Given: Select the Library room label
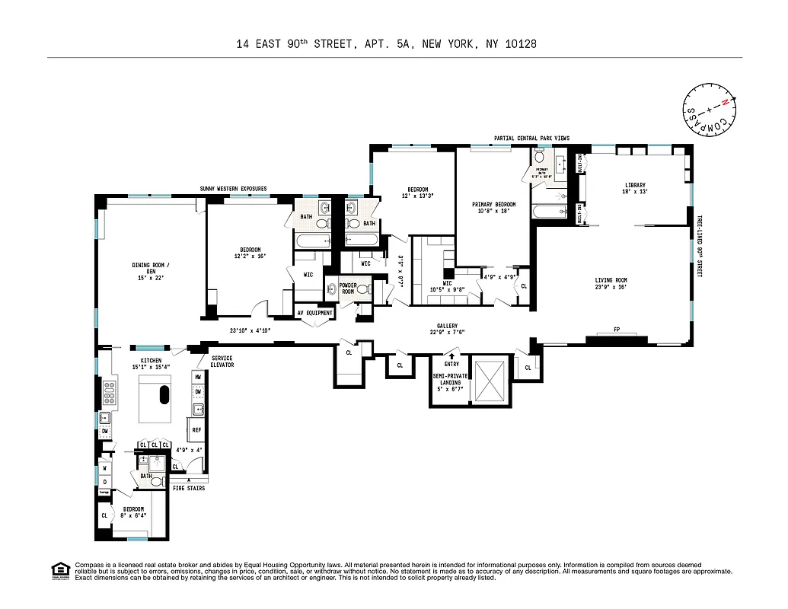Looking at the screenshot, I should coord(635,185).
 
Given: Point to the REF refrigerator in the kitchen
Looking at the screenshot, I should coord(196,430).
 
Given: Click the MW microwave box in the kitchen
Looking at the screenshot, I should coord(197,377).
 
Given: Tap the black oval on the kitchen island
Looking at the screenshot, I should coord(163,394).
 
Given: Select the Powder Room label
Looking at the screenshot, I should coord(339,289).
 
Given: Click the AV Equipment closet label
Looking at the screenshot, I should coord(314,313).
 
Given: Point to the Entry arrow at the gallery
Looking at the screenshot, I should coord(451,355).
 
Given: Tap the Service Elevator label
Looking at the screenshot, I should coord(222,362).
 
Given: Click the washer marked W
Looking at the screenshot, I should coord(104,468).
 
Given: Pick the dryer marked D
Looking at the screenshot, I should coord(104,481).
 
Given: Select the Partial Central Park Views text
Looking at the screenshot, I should coord(531,138).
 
